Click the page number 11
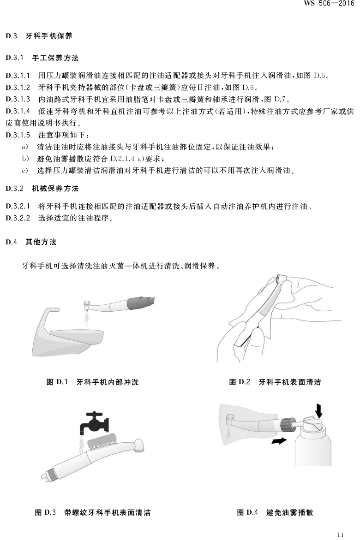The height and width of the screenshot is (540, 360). [340, 534]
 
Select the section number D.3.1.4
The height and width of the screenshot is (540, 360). [18, 111]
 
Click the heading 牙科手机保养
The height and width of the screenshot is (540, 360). [49, 36]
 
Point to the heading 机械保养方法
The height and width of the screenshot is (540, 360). [55, 189]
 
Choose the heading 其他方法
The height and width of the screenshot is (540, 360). [41, 242]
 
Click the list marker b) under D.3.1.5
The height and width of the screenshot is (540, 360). [25, 159]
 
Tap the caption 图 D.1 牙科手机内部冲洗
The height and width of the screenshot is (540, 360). [92, 382]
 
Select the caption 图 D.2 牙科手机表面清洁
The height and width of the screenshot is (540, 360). [275, 382]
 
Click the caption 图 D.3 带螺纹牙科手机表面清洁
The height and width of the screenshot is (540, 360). [93, 512]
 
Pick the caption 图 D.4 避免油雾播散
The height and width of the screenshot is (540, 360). [275, 512]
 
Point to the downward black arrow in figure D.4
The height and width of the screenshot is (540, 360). [319, 410]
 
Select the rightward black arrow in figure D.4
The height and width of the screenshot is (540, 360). [279, 440]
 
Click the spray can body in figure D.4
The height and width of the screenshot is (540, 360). [313, 447]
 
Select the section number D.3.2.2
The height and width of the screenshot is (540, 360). [18, 218]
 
